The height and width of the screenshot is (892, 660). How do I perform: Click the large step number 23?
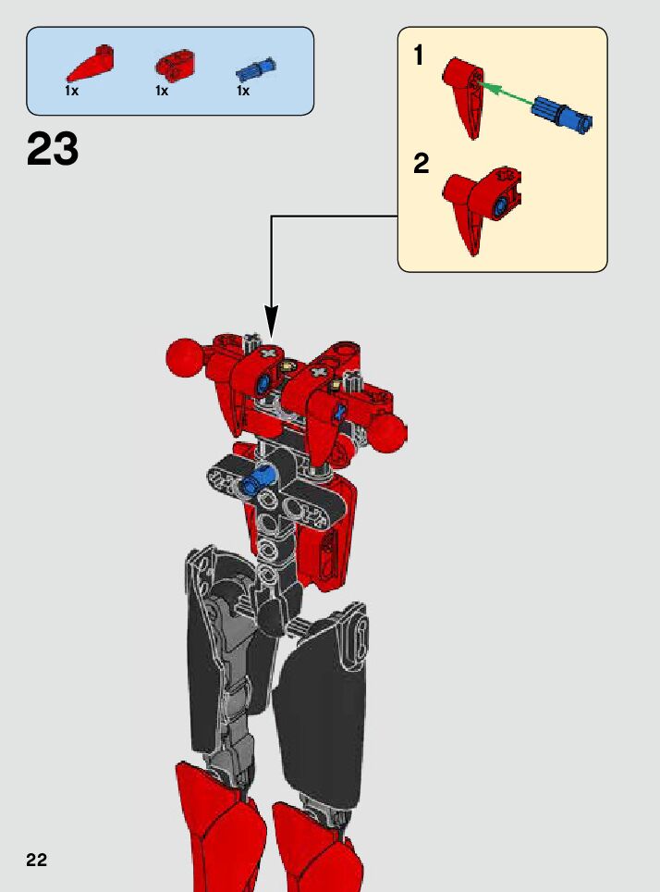pyautogui.click(x=53, y=149)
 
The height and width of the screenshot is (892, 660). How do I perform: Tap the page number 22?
pyautogui.click(x=36, y=861)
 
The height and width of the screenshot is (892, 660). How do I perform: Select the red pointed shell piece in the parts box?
pyautogui.click(x=89, y=65)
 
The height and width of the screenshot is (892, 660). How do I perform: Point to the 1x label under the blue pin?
pyautogui.click(x=243, y=91)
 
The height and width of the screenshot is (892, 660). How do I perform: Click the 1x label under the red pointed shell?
pyautogui.click(x=71, y=91)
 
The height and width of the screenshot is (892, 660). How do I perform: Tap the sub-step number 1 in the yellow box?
pyautogui.click(x=419, y=56)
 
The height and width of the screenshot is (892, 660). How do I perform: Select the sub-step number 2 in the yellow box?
pyautogui.click(x=422, y=164)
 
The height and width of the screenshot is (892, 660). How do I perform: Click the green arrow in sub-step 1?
pyautogui.click(x=504, y=93)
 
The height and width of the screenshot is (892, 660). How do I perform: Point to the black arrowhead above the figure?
pyautogui.click(x=272, y=323)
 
